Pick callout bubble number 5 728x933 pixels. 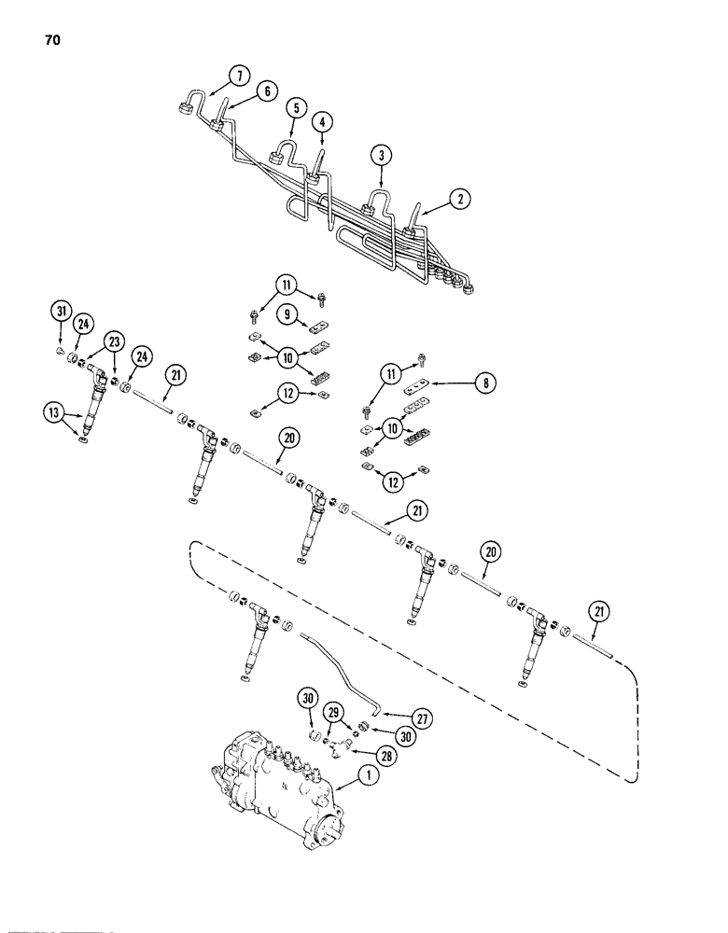[267, 91]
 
